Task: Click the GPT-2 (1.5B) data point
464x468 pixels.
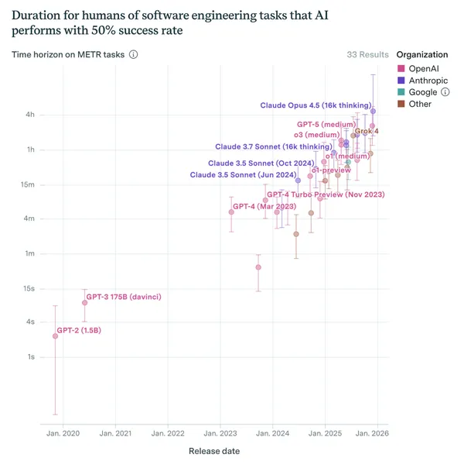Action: (55, 336)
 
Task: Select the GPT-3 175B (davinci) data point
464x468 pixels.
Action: (85, 303)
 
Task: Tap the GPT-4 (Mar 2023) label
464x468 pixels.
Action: (264, 207)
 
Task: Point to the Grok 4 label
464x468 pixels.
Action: (367, 132)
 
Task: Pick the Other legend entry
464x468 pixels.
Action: (420, 104)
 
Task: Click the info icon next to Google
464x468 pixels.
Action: (445, 92)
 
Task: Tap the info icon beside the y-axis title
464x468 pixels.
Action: (134, 55)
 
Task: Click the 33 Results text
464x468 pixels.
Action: (367, 55)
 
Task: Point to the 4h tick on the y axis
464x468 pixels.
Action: (29, 115)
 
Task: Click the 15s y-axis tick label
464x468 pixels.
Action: (29, 288)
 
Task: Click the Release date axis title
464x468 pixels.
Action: (214, 451)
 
